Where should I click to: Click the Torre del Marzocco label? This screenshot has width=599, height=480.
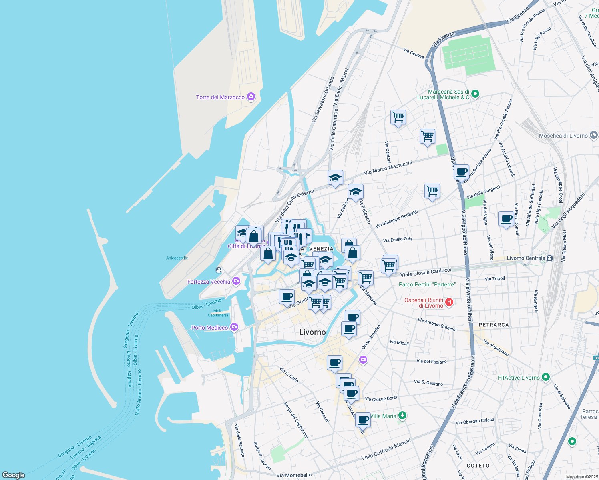tap(220, 97)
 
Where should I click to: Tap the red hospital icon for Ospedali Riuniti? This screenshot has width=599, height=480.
tap(449, 302)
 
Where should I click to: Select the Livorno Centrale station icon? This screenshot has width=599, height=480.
tap(550, 258)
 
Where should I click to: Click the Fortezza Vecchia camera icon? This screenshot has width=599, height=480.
tap(236, 282)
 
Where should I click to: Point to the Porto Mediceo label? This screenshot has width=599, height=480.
tap(209, 328)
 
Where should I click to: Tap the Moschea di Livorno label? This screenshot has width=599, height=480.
tap(563, 136)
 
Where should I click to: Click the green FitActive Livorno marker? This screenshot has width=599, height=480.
tap(545, 377)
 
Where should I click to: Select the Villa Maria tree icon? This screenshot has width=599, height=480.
tap(402, 416)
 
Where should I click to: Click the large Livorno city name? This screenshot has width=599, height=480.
tap(312, 332)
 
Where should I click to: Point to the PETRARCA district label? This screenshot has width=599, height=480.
tap(494, 325)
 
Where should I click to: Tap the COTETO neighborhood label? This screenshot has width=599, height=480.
tap(478, 466)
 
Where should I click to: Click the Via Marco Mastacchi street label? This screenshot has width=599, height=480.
tap(388, 168)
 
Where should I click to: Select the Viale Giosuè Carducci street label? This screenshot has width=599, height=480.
tap(426, 272)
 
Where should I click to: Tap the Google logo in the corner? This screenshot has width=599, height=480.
tap(14, 475)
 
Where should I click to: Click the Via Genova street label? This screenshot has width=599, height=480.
tap(414, 53)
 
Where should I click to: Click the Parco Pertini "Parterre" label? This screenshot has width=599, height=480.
tap(427, 284)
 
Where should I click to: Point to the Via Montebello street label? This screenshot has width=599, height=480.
tap(294, 475)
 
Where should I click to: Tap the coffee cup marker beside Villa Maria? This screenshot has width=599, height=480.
tap(363, 420)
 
